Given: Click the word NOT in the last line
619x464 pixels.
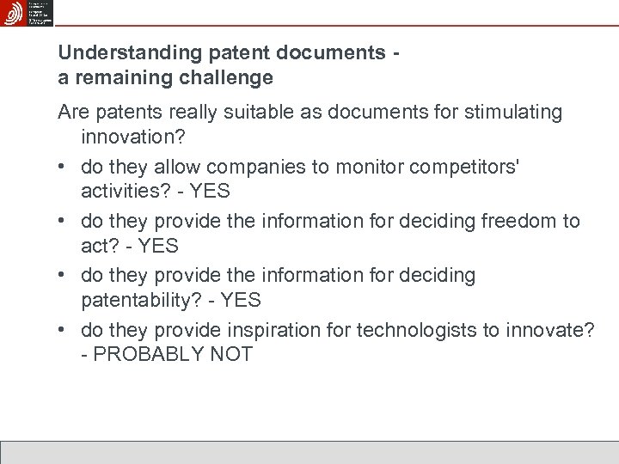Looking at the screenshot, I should pos(231,354).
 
